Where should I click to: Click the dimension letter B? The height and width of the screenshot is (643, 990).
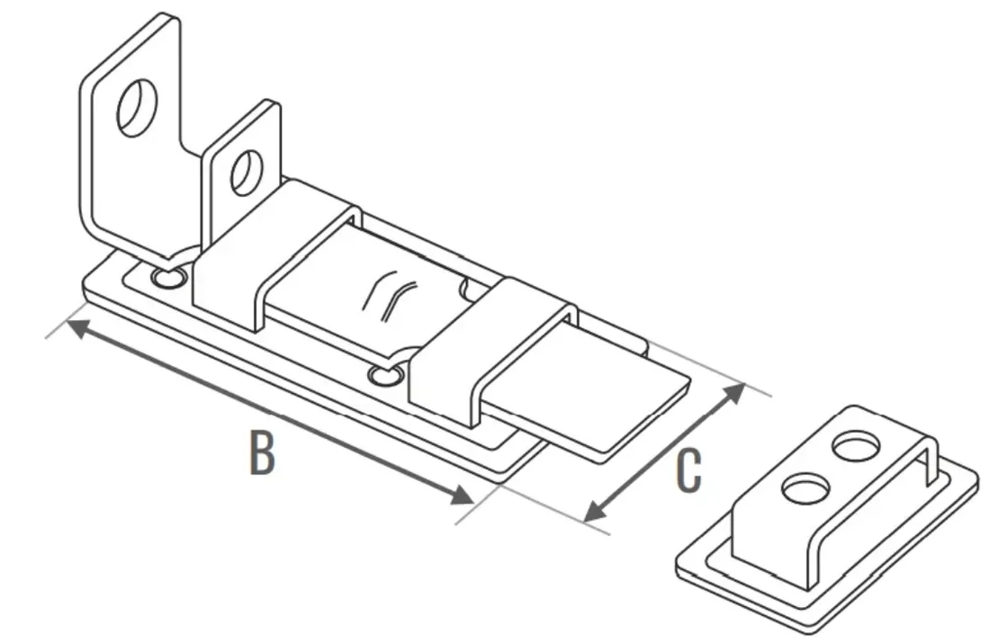point(262,452)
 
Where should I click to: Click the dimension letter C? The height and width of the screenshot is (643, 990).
point(688,470)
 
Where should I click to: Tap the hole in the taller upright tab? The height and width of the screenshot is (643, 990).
point(137,107)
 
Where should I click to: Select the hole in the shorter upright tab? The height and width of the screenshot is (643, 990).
point(247,171)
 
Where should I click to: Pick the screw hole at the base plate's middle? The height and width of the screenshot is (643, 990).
point(386,376)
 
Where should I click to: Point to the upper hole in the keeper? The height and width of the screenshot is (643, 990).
point(856,446)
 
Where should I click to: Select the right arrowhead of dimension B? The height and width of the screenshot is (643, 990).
point(463,495)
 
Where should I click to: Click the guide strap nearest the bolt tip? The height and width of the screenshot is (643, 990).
point(492,350)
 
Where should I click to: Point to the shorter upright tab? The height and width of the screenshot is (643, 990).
point(240,170)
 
